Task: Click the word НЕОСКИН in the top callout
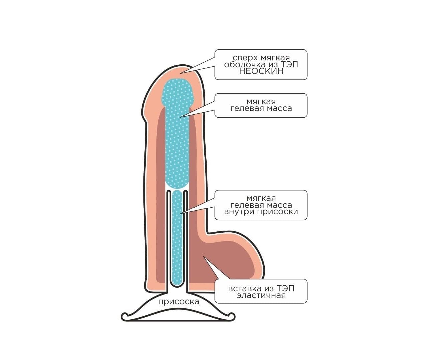261,71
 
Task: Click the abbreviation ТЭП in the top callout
290,65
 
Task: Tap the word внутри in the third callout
239,212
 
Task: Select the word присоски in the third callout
278,212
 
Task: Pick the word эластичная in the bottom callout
261,296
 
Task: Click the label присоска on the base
179,302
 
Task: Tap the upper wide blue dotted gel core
178,134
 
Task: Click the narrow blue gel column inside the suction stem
177,238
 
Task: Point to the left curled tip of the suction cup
125,315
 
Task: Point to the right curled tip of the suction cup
232,316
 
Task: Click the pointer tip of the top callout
180,73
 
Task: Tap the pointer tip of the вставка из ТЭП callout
203,256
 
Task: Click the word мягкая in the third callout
261,198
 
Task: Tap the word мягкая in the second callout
261,102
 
